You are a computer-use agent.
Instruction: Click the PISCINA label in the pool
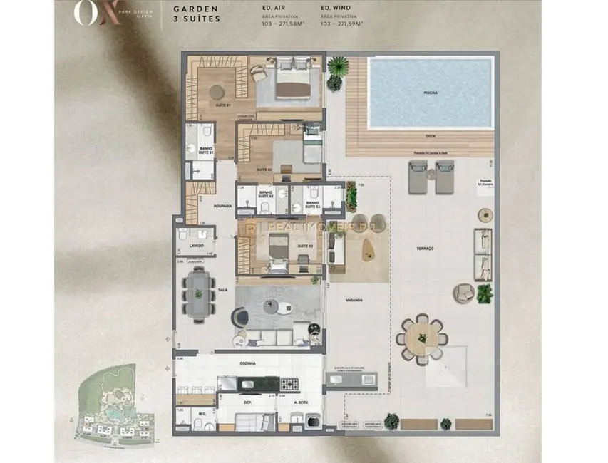pyautogui.click(x=430, y=93)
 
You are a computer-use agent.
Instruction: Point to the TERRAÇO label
pyautogui.click(x=426, y=248)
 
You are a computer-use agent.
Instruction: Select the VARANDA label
pyautogui.click(x=354, y=300)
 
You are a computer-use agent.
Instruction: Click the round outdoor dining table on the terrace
pyautogui.click(x=422, y=337)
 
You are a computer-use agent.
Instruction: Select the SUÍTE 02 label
pyautogui.click(x=264, y=170)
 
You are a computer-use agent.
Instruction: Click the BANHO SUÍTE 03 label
pyautogui.click(x=312, y=204)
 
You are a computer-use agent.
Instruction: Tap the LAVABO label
pyautogui.click(x=197, y=245)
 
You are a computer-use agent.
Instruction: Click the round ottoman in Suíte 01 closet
pyautogui.click(x=216, y=90)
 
